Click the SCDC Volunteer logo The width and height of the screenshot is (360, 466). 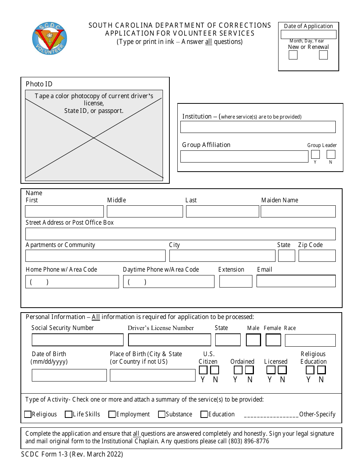coord(50,38)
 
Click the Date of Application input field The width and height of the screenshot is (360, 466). coord(308,34)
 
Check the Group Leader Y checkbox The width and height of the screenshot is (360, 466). coord(315,155)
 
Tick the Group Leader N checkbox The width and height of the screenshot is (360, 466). coord(331,155)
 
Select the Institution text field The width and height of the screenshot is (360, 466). coord(258,127)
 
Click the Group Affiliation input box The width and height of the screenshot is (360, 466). coord(244,156)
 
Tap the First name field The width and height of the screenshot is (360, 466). coord(64,211)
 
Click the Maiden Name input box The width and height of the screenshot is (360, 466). coord(298,211)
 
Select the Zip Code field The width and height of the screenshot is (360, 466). coord(317,256)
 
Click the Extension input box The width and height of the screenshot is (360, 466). coord(236,281)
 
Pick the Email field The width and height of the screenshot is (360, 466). coord(296,281)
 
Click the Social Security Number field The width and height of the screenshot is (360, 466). coord(78,340)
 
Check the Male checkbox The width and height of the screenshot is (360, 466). coord(253,340)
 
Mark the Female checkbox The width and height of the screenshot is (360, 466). coord(273,340)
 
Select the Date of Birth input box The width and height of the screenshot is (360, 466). coord(69,375)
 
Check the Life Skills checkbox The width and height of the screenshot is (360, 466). coord(69,414)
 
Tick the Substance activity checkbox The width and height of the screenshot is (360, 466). coord(162,414)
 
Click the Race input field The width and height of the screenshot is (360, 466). coord(310,340)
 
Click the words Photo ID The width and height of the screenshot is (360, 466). coord(39,84)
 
